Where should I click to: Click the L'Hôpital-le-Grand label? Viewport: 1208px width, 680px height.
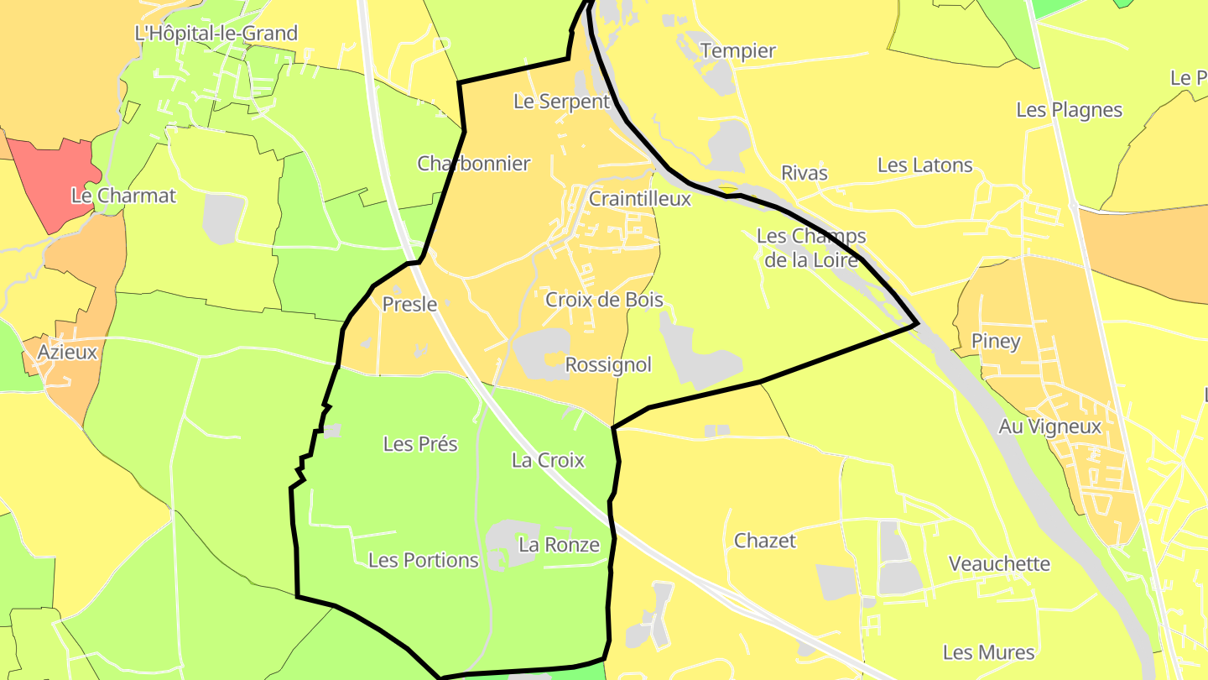pos(216,34)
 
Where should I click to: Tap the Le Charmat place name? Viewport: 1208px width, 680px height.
pos(123,196)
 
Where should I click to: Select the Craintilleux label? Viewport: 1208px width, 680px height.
pos(640,199)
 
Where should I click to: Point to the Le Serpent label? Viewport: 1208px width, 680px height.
pos(561,102)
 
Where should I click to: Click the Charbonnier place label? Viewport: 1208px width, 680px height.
pos(474,164)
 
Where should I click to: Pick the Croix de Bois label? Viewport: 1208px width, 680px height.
pos(604,300)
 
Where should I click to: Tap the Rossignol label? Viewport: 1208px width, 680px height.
pos(608,365)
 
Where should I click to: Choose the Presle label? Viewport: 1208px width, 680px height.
pos(409,304)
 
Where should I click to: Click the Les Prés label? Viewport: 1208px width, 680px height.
pos(420,444)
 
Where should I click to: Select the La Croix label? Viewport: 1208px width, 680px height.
pos(548,460)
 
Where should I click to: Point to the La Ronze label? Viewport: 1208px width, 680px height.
pos(559,545)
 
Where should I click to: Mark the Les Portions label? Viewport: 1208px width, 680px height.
pos(424,560)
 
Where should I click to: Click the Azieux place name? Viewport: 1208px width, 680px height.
pos(67,353)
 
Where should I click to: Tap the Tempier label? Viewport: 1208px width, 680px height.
pos(738,50)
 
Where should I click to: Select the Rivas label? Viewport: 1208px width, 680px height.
pos(804,174)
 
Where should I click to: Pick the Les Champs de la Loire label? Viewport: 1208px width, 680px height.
pos(811,248)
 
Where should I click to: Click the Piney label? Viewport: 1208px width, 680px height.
pos(996,341)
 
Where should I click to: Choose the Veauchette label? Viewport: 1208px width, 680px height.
pos(999,563)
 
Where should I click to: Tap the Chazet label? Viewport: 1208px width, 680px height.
pos(764,541)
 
